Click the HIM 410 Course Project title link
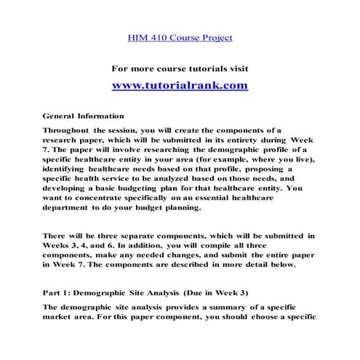[180, 36]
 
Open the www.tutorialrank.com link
[180, 85]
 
